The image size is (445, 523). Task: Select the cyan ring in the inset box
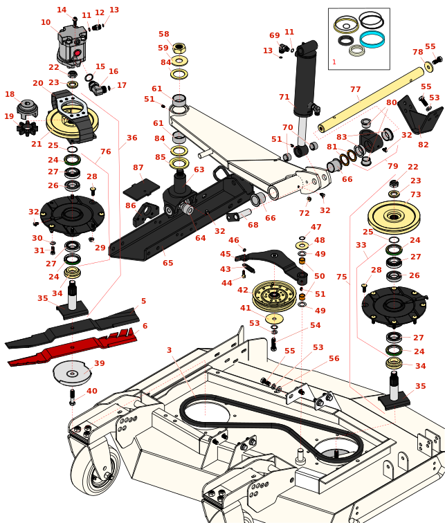(372, 39)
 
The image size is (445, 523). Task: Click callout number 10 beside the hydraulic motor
(46, 23)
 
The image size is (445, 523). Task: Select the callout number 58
(163, 34)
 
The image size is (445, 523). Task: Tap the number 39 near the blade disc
(100, 363)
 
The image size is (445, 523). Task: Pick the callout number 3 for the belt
(169, 351)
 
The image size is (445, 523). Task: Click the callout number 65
(167, 263)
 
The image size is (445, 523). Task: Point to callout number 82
(424, 145)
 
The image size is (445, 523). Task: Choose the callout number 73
(415, 195)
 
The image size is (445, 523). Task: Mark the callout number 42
(242, 291)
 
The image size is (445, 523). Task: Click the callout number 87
(138, 168)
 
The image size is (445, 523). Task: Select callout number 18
(10, 95)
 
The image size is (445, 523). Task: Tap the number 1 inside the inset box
(334, 62)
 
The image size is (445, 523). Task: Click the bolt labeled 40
(72, 398)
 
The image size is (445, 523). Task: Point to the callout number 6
(145, 327)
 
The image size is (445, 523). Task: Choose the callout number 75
(342, 277)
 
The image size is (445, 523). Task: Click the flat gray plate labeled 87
(141, 188)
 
